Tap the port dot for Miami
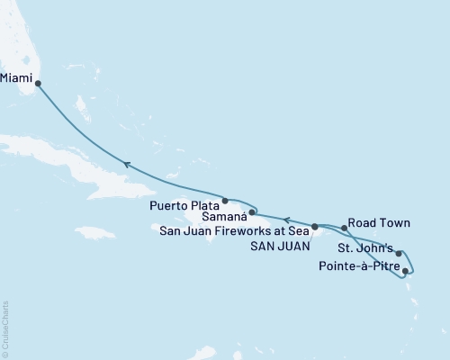pyautogui.click(x=38, y=84)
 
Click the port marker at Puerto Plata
pyautogui.click(x=224, y=200)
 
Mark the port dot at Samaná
pyautogui.click(x=254, y=213)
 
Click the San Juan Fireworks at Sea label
pyautogui.click(x=233, y=231)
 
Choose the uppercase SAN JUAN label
pyautogui.click(x=278, y=246)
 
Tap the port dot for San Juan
pyautogui.click(x=315, y=227)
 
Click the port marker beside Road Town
pyautogui.click(x=345, y=229)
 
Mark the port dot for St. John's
pyautogui.click(x=399, y=254)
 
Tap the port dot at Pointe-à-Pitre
pyautogui.click(x=406, y=270)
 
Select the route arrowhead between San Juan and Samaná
pyautogui.click(x=287, y=219)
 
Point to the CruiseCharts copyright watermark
pyautogui.click(x=4, y=329)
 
